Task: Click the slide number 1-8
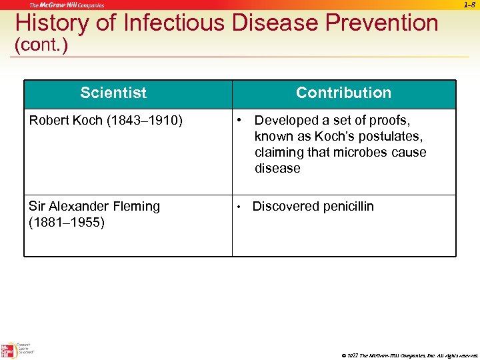point(469,5)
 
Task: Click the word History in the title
point(49,23)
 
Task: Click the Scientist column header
point(113,93)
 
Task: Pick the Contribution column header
point(343,93)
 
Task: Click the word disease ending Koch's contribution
point(277,169)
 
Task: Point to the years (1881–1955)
point(67,223)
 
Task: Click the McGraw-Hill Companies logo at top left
point(67,5)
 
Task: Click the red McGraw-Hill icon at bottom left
point(8,349)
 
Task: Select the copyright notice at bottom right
point(409,355)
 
